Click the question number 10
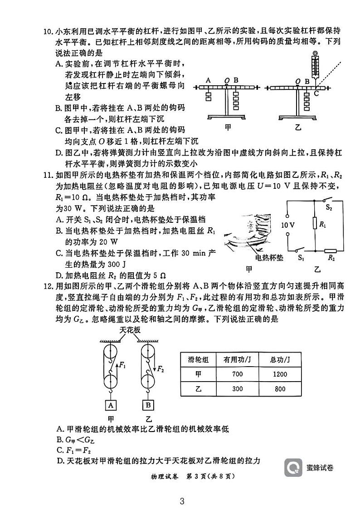point(48,31)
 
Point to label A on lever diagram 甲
point(208,80)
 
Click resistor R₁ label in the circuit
point(323,224)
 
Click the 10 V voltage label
point(288,225)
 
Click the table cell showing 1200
point(280,374)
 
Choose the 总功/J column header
point(280,359)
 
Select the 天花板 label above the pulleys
point(130,330)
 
